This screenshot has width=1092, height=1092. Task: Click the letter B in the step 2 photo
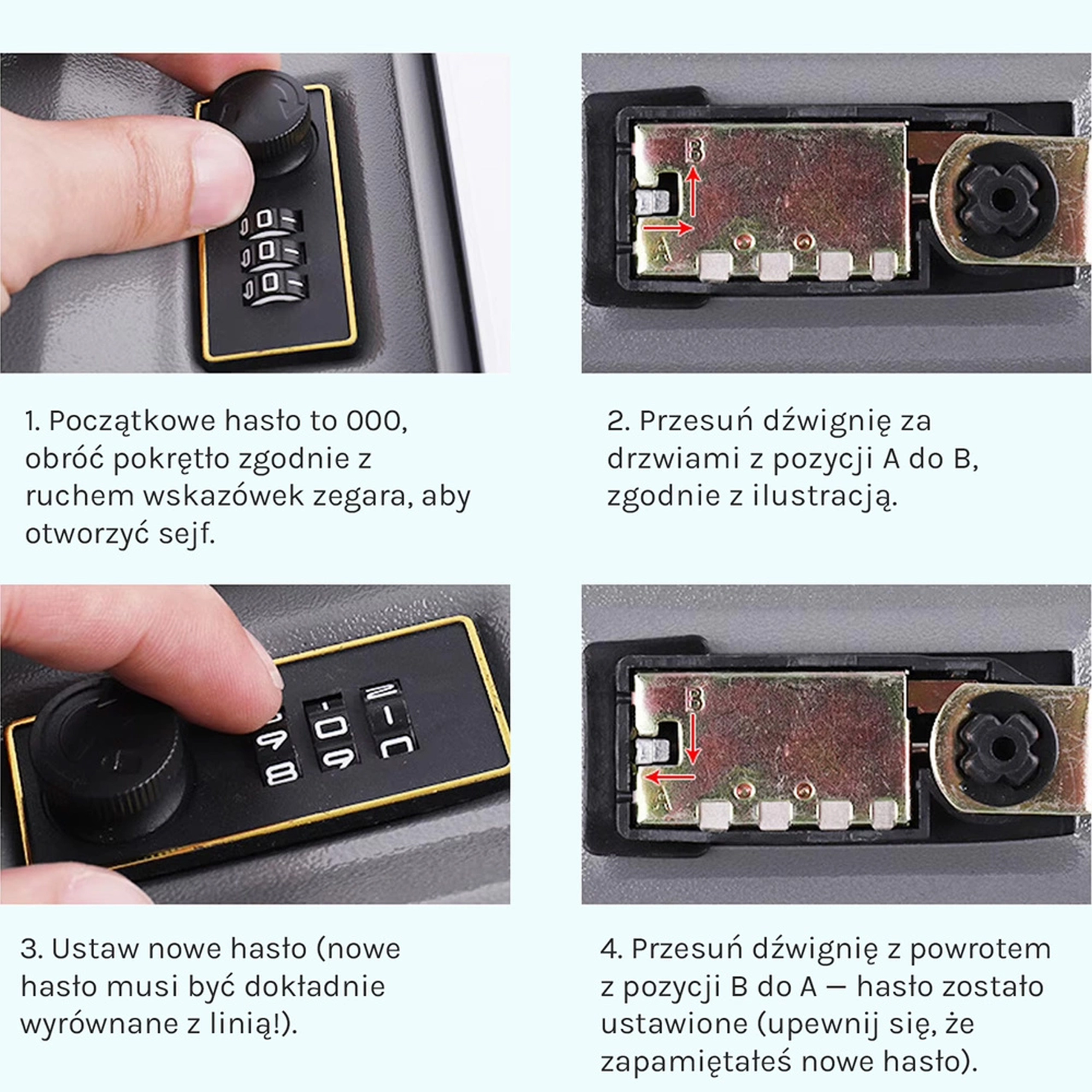(695, 150)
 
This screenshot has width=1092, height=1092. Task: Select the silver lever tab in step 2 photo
(652, 201)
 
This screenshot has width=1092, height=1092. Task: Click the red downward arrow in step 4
(693, 737)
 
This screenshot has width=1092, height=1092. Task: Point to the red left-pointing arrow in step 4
(669, 777)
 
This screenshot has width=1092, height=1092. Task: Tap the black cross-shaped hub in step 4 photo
(1000, 749)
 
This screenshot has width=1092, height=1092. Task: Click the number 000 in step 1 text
(375, 421)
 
